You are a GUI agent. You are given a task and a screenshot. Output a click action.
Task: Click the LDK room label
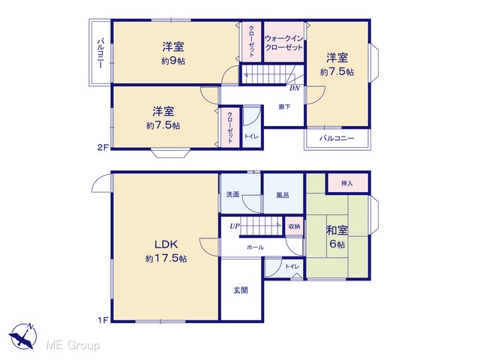coord(166,244)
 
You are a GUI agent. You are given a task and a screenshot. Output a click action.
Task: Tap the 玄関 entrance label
coord(241,290)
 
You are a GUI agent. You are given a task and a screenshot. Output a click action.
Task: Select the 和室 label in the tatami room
coord(337,230)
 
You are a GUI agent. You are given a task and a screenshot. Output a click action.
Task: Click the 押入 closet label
coord(346,183)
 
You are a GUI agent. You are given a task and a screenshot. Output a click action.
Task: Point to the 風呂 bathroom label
coord(282,195)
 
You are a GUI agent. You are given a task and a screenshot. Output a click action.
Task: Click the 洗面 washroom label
coord(232,194)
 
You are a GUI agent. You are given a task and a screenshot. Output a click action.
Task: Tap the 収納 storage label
coord(294,226)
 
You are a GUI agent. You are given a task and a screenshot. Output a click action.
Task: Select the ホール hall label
coord(255,247)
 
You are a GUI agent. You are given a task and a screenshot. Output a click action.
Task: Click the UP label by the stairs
coord(235,226)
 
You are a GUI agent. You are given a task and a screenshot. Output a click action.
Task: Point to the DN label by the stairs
coord(295,88)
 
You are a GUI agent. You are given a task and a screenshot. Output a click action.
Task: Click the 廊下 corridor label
coord(284,106)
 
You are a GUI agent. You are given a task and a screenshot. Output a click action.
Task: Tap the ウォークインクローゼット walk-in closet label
coord(283,43)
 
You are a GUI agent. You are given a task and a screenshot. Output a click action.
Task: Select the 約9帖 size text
coord(173,61)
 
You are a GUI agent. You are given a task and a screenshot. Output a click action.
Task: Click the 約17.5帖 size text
coord(166,259)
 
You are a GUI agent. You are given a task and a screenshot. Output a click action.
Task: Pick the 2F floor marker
coord(103,148)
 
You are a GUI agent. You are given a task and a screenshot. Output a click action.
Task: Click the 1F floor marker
coord(103,320)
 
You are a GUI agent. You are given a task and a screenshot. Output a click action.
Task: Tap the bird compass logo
coord(22,336)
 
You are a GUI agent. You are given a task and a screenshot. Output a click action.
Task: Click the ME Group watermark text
coord(73,346)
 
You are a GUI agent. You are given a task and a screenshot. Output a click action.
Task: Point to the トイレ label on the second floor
coord(251,136)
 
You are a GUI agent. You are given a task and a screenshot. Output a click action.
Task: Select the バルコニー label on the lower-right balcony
coord(337,138)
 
